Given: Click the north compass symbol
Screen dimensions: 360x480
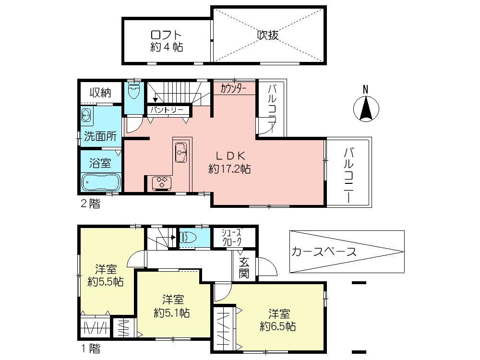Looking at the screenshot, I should coord(366,108).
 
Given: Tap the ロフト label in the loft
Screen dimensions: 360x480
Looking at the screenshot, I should coord(166,35).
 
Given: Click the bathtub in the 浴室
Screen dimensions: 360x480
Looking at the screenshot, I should coord(100,182).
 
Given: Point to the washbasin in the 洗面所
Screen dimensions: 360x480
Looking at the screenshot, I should coord(87,115).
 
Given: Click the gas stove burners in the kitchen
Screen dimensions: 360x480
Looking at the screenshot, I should coord(162,182).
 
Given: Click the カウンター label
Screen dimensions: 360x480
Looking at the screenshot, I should coord(234,88).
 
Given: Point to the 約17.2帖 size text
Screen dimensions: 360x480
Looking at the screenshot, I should coord(229,169).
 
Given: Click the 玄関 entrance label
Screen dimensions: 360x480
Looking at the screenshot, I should coord(244,268).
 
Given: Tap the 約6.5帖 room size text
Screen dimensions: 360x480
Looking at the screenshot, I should coord(277,327).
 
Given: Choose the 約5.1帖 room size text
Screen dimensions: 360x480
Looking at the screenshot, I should coord(172,313).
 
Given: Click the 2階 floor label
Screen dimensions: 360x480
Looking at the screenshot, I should coord(90,204).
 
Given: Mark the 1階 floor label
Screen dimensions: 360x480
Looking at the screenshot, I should coord(90,348).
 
